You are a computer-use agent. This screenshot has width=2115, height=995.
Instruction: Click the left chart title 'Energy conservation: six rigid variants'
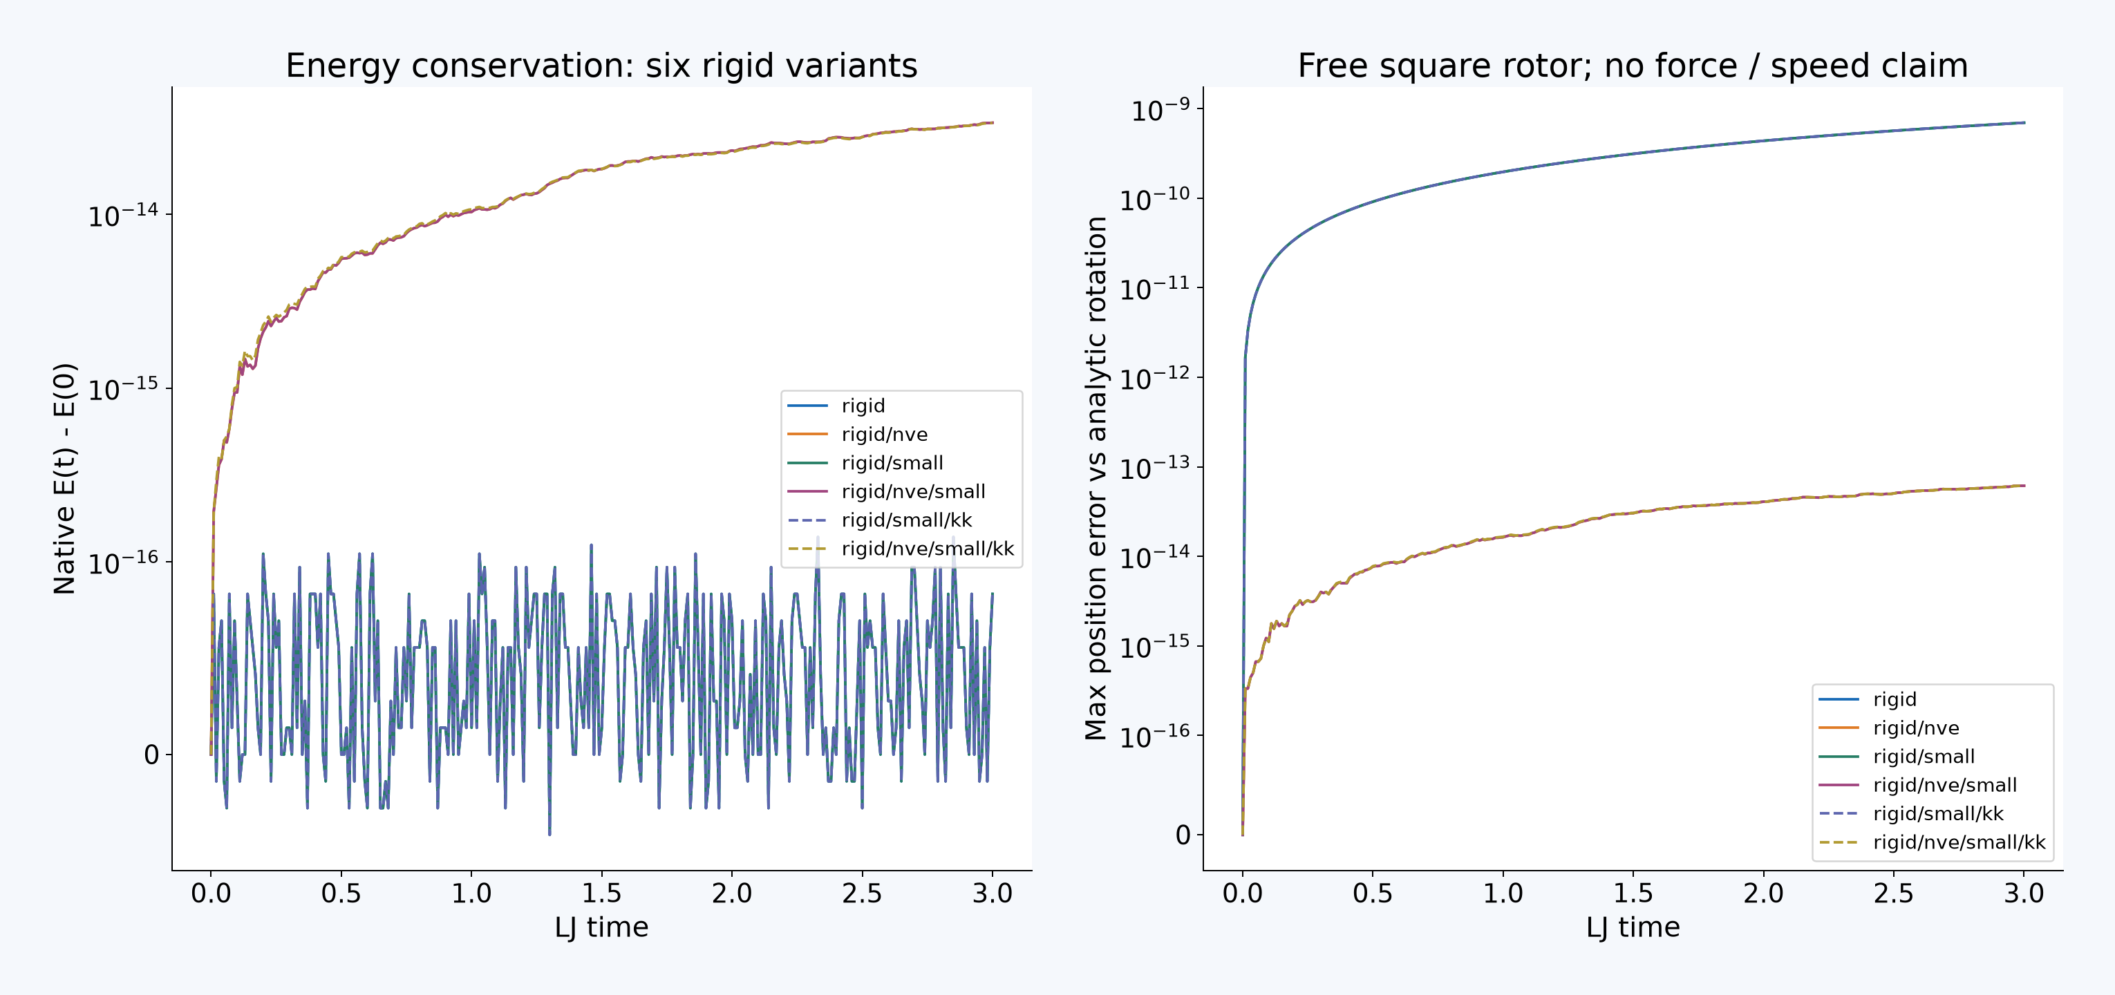coord(601,66)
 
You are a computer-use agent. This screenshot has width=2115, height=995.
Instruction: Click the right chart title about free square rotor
coord(1633,66)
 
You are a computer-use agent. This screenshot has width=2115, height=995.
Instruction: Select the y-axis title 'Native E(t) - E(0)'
coord(65,479)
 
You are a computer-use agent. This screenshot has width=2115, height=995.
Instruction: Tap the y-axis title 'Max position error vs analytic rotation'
coord(1096,479)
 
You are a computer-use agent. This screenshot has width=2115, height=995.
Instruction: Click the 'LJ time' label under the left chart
coord(601,927)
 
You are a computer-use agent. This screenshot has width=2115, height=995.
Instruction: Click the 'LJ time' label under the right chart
coord(1633,927)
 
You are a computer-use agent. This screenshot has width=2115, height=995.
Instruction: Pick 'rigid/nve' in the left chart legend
coord(884,435)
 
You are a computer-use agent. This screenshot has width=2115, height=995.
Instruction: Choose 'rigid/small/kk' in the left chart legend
coord(906,520)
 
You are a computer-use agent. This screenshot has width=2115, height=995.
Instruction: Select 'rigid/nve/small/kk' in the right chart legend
coord(1959,842)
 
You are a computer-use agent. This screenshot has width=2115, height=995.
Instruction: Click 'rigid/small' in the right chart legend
coord(1924,756)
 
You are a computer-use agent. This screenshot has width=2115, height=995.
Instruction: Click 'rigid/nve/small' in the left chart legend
coord(913,492)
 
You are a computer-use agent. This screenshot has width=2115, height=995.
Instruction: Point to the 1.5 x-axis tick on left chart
coord(601,892)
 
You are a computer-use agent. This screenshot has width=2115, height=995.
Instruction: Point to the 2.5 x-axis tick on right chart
coord(1893,892)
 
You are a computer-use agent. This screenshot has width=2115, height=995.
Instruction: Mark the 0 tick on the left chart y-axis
coord(151,755)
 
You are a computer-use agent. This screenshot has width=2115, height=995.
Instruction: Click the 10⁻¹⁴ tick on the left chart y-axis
coord(123,215)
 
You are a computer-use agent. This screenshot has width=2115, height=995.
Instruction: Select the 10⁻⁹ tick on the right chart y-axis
coord(1160,109)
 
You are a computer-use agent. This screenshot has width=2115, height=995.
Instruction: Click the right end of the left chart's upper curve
coord(993,122)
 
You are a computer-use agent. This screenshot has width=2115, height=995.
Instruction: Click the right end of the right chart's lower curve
coord(2024,486)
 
